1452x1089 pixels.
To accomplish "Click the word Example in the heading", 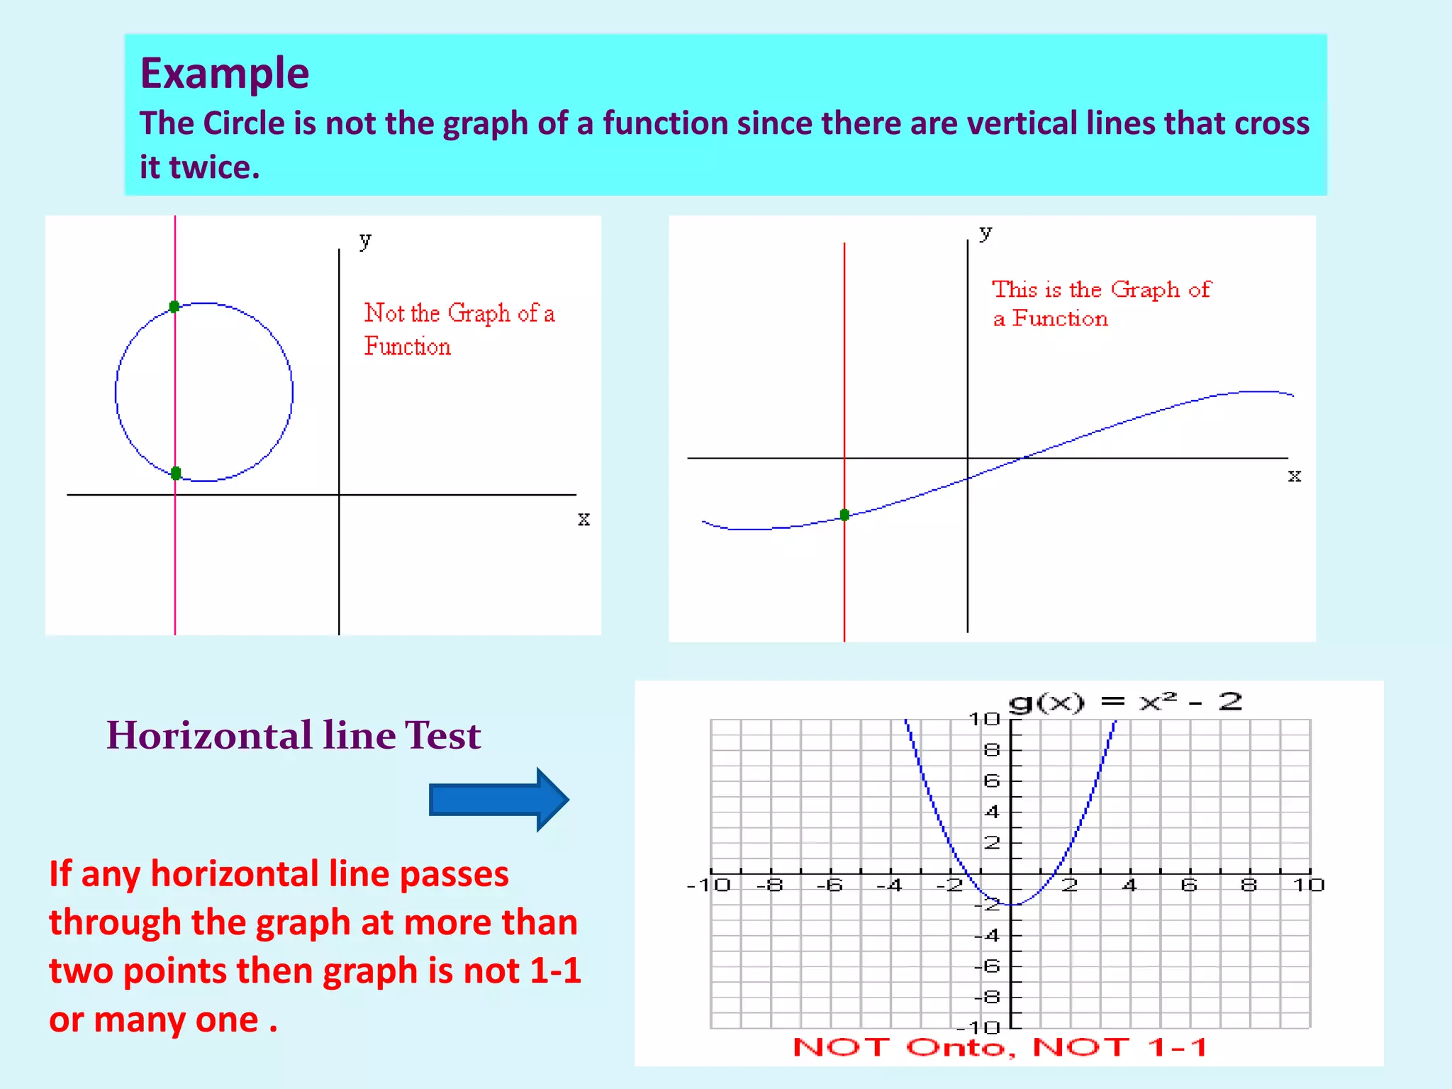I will coord(224,73).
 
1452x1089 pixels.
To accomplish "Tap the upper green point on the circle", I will coord(174,306).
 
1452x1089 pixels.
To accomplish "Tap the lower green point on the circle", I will coord(176,473).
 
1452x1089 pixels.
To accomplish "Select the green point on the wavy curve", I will coord(844,515).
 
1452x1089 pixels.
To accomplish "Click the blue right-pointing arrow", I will coord(498,799).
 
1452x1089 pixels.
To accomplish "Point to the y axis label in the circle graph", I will coord(365,240).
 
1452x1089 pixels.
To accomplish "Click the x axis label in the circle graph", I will coord(583,519).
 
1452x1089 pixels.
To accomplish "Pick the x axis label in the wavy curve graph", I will coord(1295,475).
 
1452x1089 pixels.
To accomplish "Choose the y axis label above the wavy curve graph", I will coord(985,232).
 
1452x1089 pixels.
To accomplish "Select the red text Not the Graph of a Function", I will coord(459,329).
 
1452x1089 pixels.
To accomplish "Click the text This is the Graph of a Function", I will coord(1101,303).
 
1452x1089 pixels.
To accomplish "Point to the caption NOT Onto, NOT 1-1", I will coord(1000,1047).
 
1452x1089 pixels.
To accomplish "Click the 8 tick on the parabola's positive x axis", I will coord(1249,885).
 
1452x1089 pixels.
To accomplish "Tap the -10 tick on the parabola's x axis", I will coord(709,885).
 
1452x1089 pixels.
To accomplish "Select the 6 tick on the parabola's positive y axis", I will coord(992,781).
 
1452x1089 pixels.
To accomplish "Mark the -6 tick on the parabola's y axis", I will coord(988,966).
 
